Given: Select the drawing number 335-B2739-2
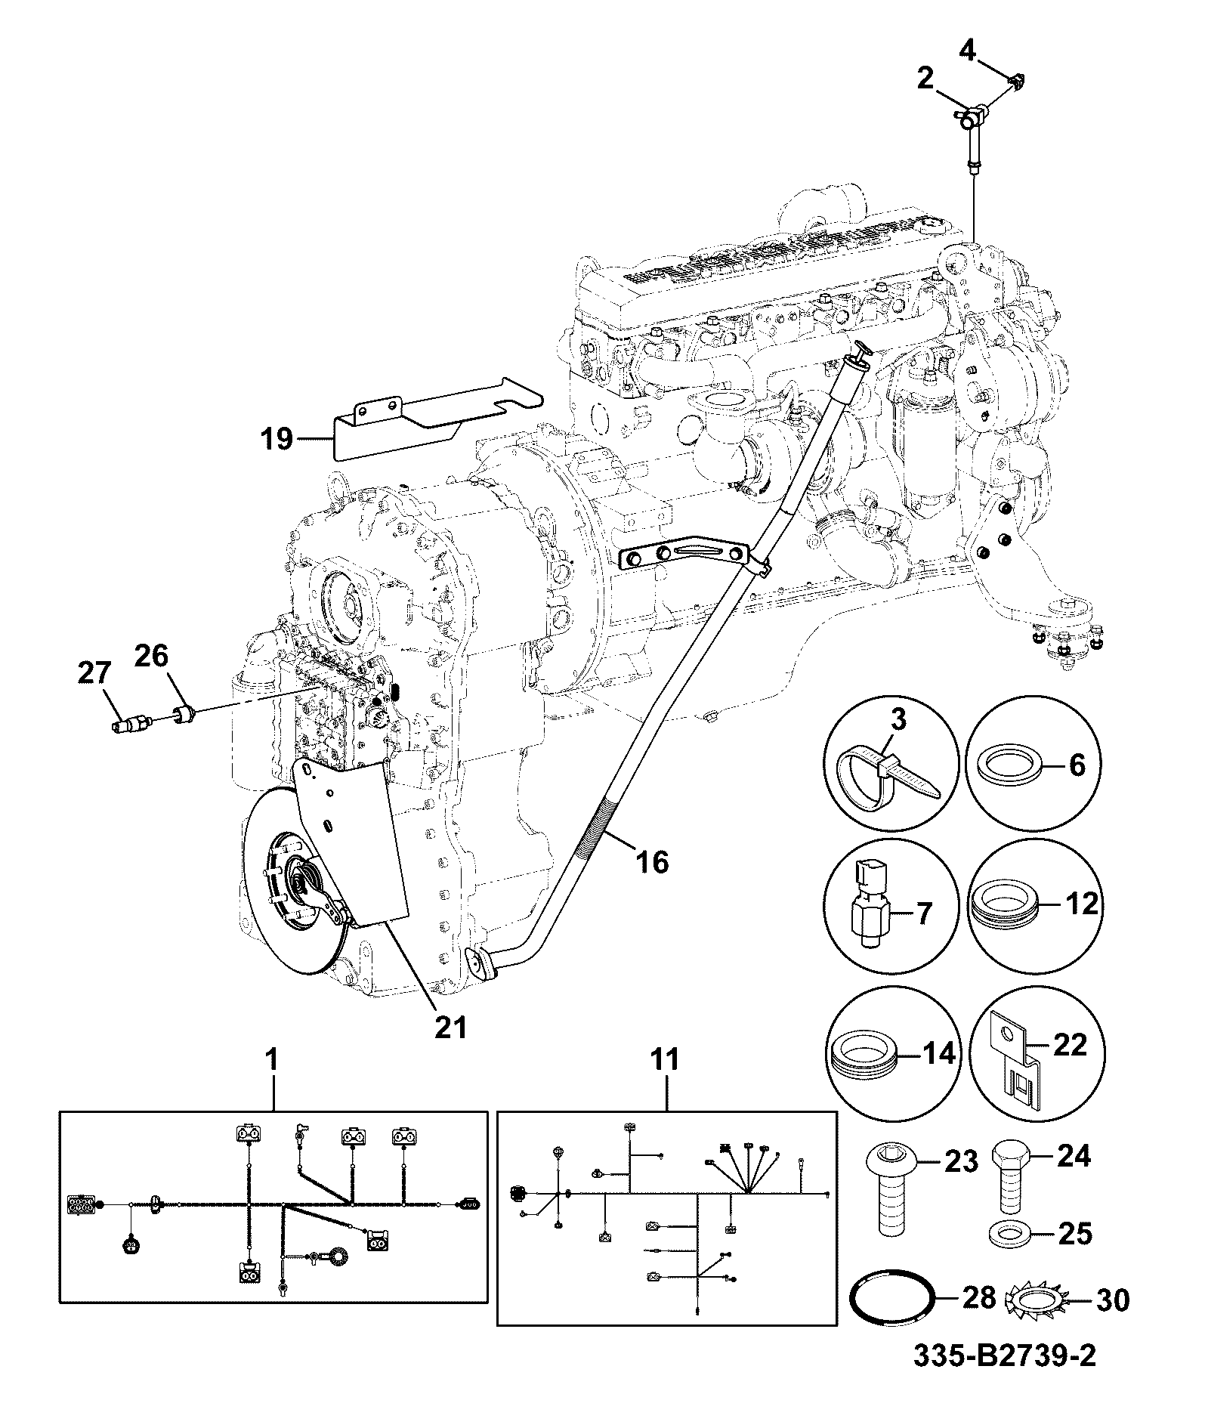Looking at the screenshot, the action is coord(1006,1354).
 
